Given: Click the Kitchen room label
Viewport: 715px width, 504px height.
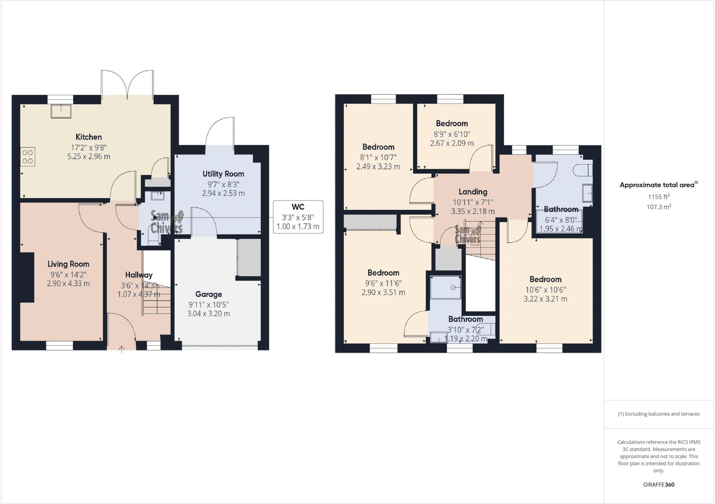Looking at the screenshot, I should pyautogui.click(x=89, y=137).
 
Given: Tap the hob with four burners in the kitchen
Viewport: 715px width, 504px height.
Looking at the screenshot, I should pyautogui.click(x=28, y=156).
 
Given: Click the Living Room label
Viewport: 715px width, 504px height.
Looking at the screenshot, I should pyautogui.click(x=68, y=264).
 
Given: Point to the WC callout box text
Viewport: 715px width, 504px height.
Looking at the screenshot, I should pyautogui.click(x=298, y=217).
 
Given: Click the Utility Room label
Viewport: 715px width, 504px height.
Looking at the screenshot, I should pyautogui.click(x=223, y=174).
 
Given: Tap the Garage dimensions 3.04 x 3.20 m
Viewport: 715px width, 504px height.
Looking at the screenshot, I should pyautogui.click(x=208, y=313).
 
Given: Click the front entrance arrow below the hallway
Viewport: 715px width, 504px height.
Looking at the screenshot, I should pyautogui.click(x=121, y=349).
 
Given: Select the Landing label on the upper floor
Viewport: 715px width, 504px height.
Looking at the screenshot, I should pyautogui.click(x=473, y=192).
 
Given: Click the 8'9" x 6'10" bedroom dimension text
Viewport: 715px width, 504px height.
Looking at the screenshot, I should pyautogui.click(x=452, y=134).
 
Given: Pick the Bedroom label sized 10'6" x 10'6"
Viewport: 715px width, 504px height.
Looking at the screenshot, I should pyautogui.click(x=545, y=279).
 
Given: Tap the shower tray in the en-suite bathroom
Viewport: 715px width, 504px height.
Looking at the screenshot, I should pyautogui.click(x=447, y=288).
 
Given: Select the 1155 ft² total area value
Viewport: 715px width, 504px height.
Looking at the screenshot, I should pyautogui.click(x=658, y=197).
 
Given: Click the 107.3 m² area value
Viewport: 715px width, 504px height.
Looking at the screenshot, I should pyautogui.click(x=658, y=207).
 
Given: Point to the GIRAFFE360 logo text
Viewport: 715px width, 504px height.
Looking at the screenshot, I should pyautogui.click(x=658, y=484).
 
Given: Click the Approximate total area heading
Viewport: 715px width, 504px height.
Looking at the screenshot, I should pyautogui.click(x=658, y=185).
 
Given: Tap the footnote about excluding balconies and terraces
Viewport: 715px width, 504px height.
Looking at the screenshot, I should pyautogui.click(x=658, y=414).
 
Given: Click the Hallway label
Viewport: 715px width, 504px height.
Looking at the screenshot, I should pyautogui.click(x=139, y=275).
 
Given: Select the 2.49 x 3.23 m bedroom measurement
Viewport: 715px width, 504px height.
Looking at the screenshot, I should pyautogui.click(x=378, y=167).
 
